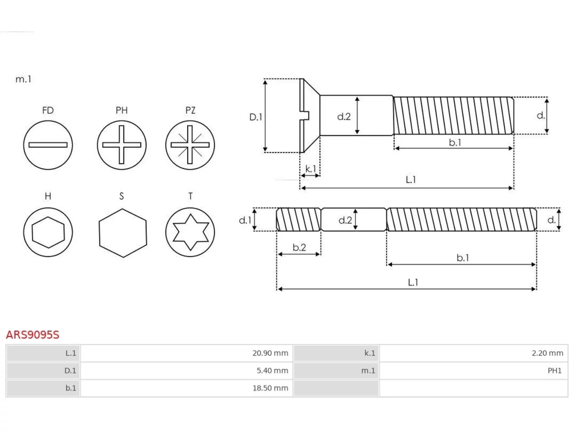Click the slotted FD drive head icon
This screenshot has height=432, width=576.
coord(48,145)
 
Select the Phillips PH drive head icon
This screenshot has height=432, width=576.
coord(121,145)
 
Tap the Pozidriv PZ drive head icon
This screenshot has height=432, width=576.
coord(190,145)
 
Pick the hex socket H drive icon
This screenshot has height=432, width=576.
coord(48,232)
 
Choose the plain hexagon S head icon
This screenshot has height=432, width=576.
coord(123,233)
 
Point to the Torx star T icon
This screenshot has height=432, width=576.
coord(190,232)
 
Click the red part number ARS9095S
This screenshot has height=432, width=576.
coord(32,335)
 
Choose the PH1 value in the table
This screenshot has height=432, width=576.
coord(554,370)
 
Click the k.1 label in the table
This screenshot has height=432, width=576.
coord(370,353)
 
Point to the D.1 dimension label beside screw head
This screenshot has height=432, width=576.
coord(256,117)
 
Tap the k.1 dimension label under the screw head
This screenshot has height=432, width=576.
coord(310,169)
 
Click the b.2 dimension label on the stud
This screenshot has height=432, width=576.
coord(299,247)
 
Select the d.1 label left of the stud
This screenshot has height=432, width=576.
coord(245,220)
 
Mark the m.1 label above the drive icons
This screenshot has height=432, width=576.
coord(23,79)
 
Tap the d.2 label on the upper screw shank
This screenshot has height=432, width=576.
coord(344,117)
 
